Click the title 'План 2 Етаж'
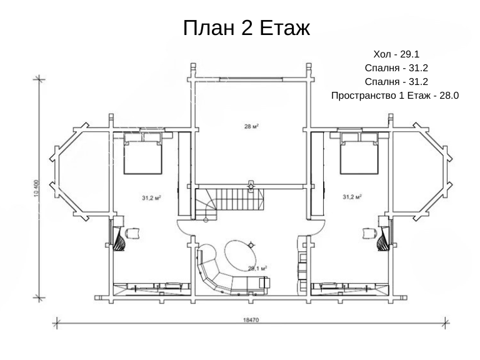click(246, 28)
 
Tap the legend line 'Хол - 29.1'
click(396, 54)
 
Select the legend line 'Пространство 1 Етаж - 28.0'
click(395, 96)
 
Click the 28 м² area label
click(251, 126)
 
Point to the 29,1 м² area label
click(257, 269)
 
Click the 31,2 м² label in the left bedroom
click(151, 198)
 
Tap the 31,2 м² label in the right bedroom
click(352, 197)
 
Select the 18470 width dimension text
click(251, 320)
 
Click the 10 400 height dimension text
click(37, 188)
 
